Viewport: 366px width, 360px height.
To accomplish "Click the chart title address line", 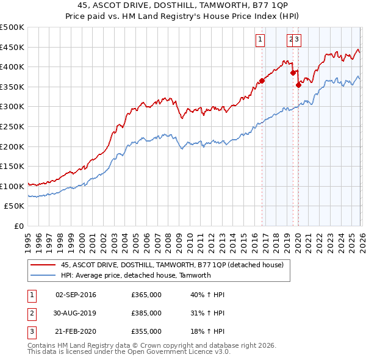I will pos(183,5).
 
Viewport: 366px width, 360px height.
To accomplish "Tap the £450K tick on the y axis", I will pos(12,47).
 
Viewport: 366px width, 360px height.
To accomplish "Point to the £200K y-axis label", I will pos(12,146).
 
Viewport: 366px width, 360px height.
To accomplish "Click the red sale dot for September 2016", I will pos(262,81).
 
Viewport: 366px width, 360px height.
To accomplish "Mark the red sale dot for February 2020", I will pos(299,85).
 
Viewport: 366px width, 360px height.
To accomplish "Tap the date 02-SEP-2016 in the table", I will pos(76,295).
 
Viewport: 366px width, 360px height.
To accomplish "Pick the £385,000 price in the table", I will pos(146,313).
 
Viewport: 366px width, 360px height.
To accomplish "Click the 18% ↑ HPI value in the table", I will pos(207,331).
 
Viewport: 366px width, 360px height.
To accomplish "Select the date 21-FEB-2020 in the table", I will pos(76,331).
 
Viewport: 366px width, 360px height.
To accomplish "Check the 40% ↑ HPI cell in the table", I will pos(207,295).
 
